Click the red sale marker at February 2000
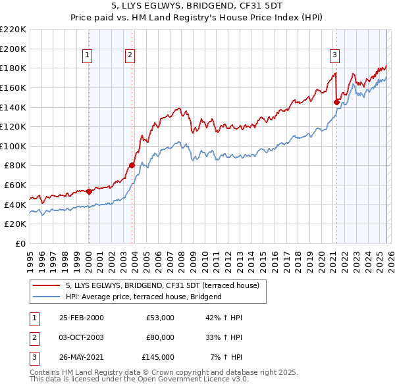coord(89,191)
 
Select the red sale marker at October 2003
coord(132,165)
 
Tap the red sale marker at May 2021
coord(336,102)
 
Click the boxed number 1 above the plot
coord(88,55)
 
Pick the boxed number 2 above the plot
coord(130,55)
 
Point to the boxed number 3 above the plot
coord(335,55)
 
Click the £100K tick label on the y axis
coord(13,146)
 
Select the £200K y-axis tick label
coord(13,49)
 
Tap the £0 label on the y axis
coord(20,243)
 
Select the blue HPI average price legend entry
coord(144,297)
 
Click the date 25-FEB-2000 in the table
coord(81,318)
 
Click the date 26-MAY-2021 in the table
coord(81,357)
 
